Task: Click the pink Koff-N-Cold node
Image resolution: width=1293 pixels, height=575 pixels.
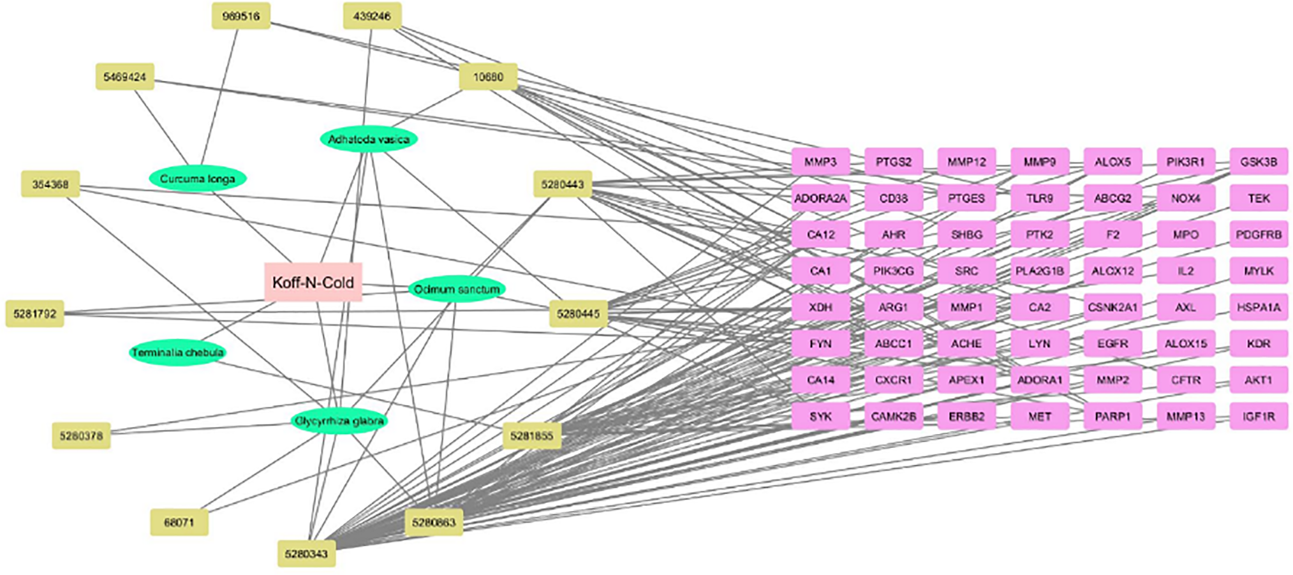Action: (x=313, y=282)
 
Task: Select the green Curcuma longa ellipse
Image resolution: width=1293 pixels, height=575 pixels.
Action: (x=197, y=179)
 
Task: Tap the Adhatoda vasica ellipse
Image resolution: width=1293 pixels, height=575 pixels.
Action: (x=369, y=139)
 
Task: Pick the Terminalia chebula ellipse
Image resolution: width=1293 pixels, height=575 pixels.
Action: (x=177, y=352)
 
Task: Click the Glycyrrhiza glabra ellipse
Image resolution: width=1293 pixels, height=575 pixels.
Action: (x=339, y=421)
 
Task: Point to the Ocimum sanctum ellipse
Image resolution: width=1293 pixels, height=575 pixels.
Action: (x=457, y=289)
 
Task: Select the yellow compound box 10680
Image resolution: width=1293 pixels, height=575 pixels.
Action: (x=488, y=77)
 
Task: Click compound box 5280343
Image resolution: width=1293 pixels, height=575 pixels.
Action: (x=306, y=553)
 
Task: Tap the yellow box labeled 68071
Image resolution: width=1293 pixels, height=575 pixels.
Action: (x=179, y=522)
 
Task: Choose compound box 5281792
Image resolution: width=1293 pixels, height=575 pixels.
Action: (x=35, y=314)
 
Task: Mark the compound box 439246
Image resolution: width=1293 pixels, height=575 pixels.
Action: (x=372, y=16)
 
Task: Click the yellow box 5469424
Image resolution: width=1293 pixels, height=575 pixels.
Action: (x=125, y=77)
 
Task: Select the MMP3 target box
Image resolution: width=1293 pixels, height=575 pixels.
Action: (x=820, y=162)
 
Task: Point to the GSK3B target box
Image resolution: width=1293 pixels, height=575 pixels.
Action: (x=1259, y=162)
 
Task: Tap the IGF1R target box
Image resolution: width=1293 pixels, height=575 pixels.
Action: (x=1259, y=416)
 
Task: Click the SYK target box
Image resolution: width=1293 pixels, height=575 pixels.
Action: (x=820, y=416)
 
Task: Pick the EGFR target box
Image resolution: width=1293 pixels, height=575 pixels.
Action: (x=1112, y=343)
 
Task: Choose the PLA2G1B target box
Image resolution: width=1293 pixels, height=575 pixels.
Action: (x=1039, y=271)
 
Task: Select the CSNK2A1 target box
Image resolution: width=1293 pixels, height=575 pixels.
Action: (x=1112, y=307)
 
